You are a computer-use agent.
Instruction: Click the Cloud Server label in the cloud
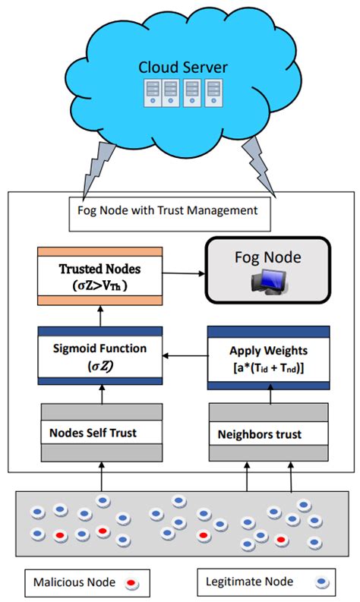click(x=182, y=67)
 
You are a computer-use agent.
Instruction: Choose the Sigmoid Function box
click(x=101, y=355)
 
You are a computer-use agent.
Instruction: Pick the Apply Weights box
click(x=268, y=358)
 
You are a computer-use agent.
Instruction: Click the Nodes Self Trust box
click(x=101, y=433)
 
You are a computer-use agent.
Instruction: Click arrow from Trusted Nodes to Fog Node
click(x=182, y=272)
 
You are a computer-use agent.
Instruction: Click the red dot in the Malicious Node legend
click(x=131, y=582)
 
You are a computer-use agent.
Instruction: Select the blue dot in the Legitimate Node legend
click(x=323, y=582)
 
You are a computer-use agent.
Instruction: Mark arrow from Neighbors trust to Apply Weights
click(x=268, y=396)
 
